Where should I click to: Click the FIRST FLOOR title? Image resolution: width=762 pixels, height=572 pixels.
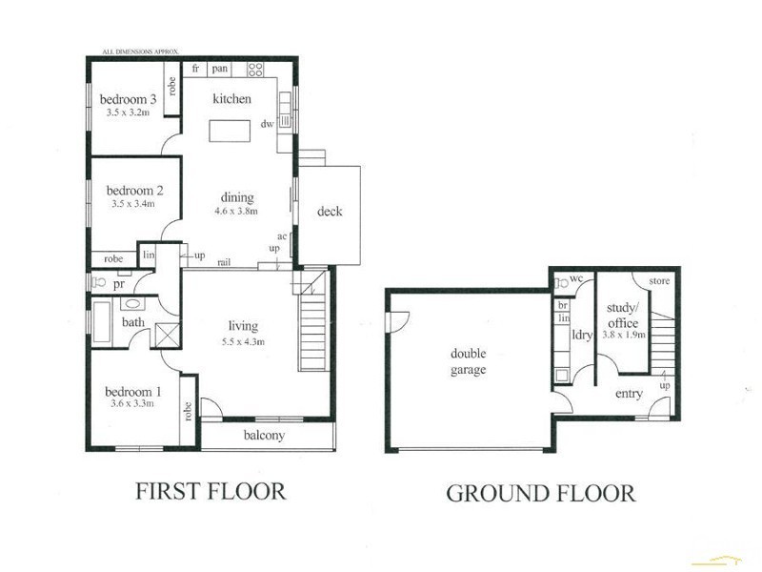210,492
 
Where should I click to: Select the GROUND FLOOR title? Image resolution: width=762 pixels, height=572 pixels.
540,494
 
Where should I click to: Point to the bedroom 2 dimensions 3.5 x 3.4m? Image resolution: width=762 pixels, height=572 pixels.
132,203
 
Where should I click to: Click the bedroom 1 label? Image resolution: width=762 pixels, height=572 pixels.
133,392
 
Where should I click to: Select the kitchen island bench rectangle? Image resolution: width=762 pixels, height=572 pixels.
231,130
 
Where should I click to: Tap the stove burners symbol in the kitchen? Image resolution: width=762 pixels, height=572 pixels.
255,69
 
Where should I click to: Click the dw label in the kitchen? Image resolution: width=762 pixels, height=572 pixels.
268,124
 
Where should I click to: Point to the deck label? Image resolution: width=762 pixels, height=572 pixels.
330,212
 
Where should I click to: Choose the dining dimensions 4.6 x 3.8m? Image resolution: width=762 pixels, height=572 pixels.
237,211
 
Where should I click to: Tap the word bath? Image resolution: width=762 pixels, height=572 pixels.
133,322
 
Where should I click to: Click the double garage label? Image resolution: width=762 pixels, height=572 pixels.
468,361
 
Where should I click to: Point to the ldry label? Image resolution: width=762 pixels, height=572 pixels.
582,336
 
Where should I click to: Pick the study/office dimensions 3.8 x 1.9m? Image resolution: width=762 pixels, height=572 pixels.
624,336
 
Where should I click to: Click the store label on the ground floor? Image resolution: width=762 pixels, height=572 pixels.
659,281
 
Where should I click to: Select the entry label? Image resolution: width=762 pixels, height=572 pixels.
629,394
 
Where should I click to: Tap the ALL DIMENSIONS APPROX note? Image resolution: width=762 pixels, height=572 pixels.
141,51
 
